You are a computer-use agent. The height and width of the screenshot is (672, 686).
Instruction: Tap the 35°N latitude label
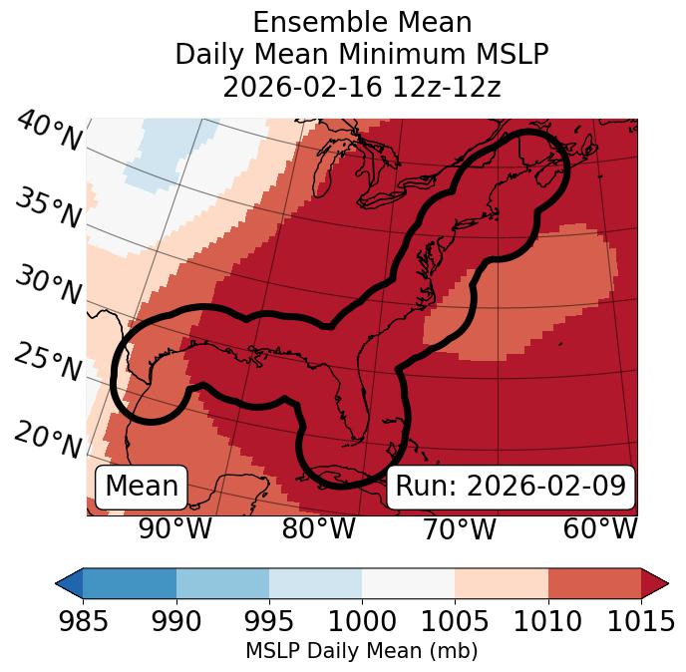point(48,208)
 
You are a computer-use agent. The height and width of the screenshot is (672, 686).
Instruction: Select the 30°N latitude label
point(48,286)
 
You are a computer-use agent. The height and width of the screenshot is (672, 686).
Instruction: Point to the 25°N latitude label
point(48,363)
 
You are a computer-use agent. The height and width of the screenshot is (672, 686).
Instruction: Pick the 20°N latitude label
point(48,440)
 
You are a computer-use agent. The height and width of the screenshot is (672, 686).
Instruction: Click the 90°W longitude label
point(175,529)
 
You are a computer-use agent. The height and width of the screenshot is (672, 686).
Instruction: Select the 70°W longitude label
point(459,529)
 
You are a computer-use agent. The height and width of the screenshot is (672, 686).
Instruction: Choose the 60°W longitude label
point(600,529)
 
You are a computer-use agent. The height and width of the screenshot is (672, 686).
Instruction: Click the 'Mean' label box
point(142,487)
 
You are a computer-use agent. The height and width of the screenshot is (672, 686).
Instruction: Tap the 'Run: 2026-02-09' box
point(511,487)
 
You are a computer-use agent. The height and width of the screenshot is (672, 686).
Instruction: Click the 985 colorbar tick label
point(83,622)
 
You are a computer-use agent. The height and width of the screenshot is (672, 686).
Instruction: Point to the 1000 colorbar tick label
point(362,622)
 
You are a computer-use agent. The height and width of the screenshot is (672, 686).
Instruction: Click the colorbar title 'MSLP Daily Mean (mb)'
point(361,651)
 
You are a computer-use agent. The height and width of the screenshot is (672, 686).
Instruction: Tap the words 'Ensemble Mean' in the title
point(361,22)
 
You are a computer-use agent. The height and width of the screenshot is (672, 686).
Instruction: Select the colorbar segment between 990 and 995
point(222,582)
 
